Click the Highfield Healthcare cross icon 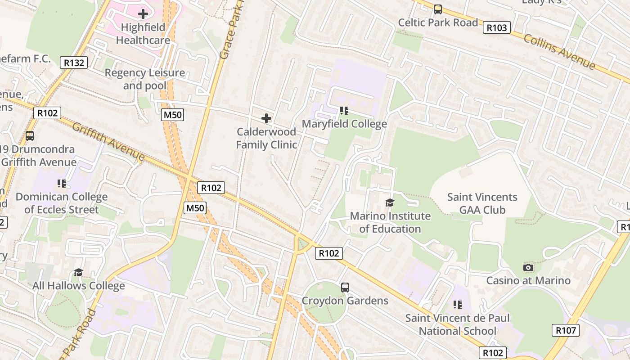[x=143, y=14]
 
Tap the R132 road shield [x=74, y=63]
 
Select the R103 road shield [x=497, y=28]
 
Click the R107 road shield [x=566, y=331]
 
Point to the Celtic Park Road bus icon [x=438, y=9]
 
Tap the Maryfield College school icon [x=344, y=110]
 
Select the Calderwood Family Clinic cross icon [x=266, y=118]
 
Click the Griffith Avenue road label [x=108, y=141]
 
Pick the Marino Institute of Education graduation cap [x=390, y=202]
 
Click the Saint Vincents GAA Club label [x=482, y=203]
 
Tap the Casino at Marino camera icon [x=528, y=268]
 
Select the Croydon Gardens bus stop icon [x=345, y=287]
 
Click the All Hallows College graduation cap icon [x=79, y=272]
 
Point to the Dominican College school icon [x=62, y=183]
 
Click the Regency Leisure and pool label [x=144, y=79]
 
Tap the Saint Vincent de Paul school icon [x=458, y=305]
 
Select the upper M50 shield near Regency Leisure [x=172, y=115]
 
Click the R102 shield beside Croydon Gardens [x=328, y=253]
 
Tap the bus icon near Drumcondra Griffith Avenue [x=30, y=135]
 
